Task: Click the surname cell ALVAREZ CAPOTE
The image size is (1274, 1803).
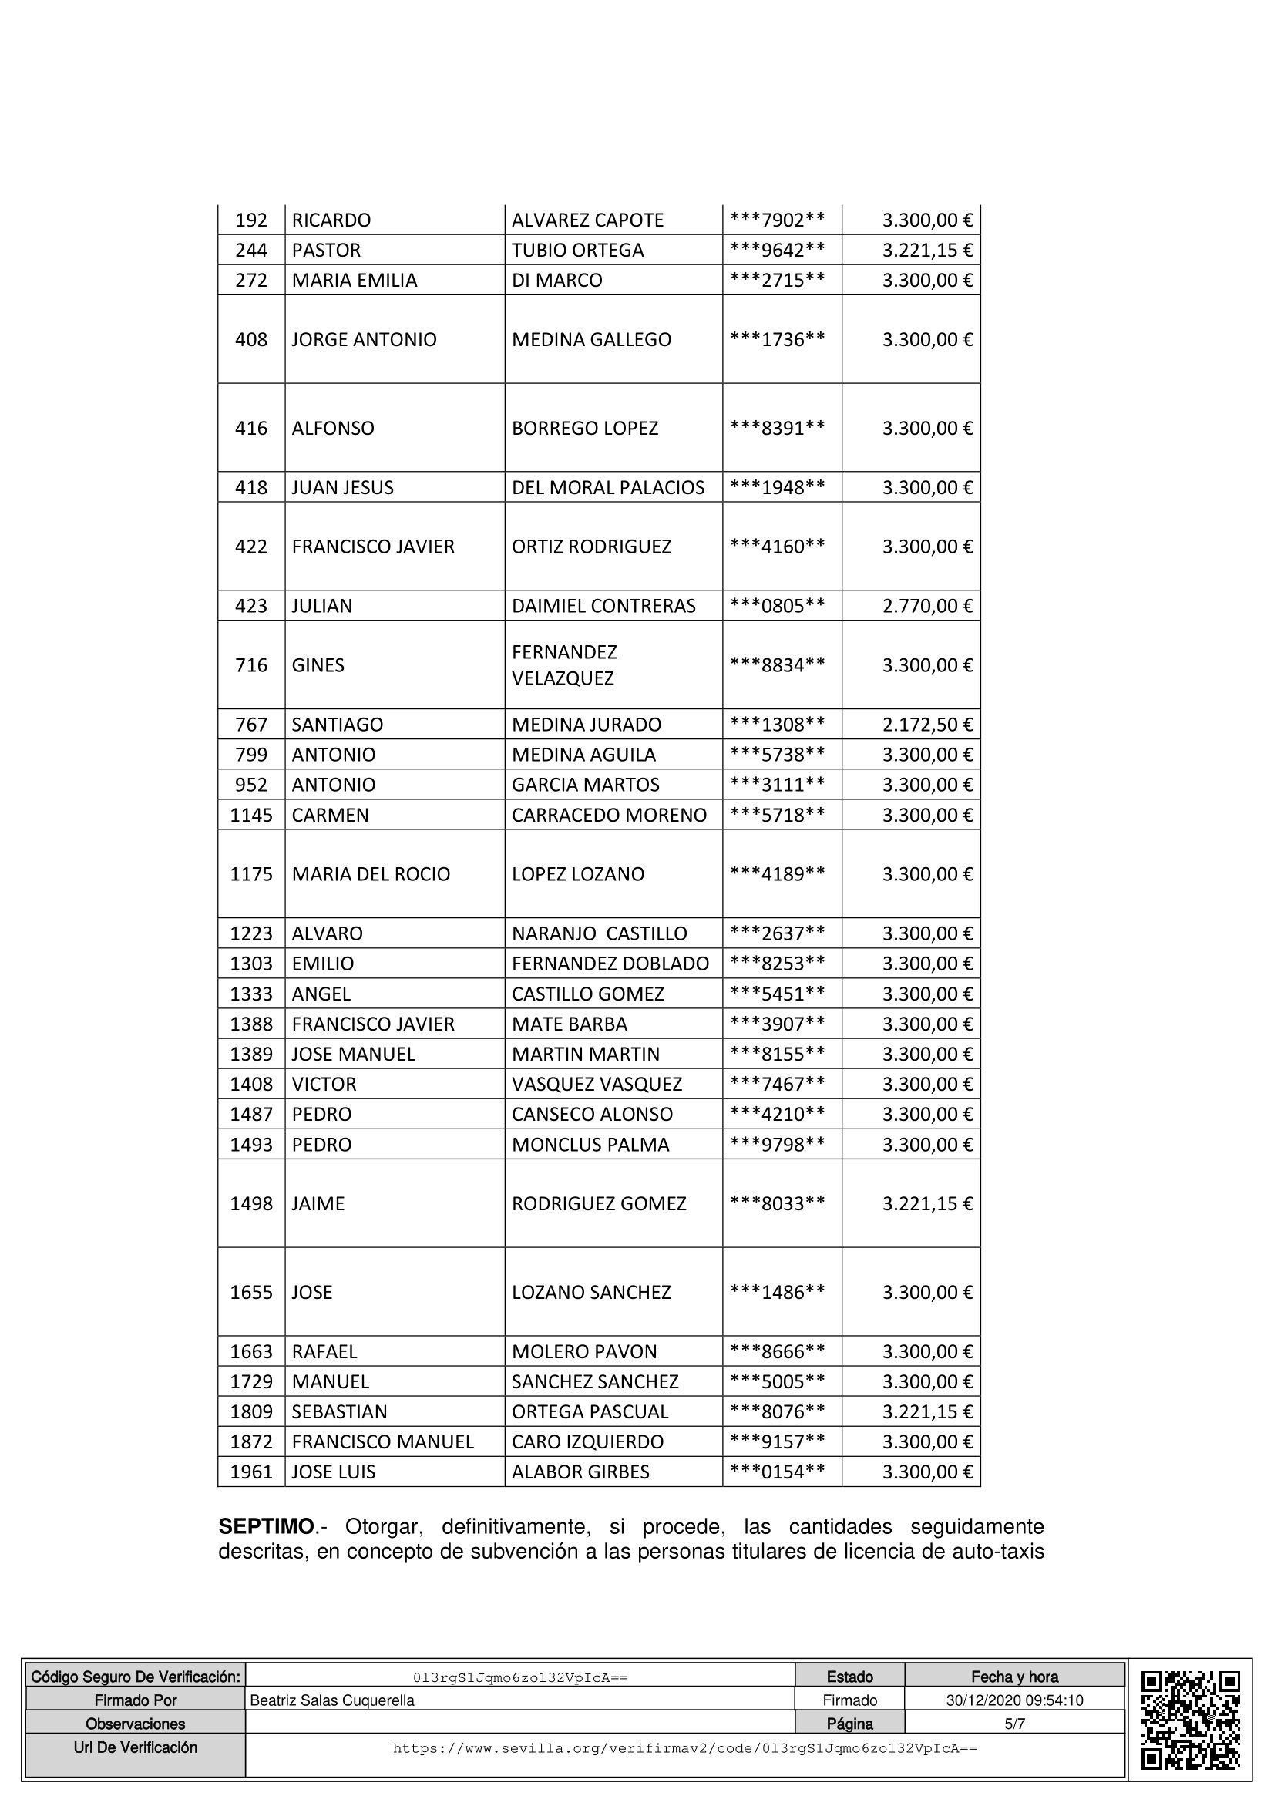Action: click(x=587, y=220)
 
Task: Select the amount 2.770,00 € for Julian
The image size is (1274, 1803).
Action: click(x=927, y=605)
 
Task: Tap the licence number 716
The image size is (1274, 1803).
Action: click(x=251, y=665)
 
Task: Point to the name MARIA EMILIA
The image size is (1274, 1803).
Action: click(x=354, y=281)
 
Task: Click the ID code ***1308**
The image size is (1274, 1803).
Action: click(x=777, y=724)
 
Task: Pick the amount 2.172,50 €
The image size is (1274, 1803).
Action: click(x=927, y=724)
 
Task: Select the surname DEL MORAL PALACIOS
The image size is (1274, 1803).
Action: click(x=607, y=488)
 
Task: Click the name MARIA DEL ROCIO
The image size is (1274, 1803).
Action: click(x=371, y=874)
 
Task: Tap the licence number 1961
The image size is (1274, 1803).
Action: click(x=251, y=1472)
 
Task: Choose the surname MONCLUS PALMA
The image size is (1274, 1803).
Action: click(x=590, y=1144)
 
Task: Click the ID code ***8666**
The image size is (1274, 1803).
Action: click(x=777, y=1351)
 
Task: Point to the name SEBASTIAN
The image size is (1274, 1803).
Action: click(x=339, y=1411)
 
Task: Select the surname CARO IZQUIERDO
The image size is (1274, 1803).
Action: click(x=587, y=1441)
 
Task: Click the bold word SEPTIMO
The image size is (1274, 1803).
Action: click(x=266, y=1526)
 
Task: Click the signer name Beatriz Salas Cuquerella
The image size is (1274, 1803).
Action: click(x=331, y=1700)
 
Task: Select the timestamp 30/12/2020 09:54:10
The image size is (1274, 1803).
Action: click(x=1014, y=1700)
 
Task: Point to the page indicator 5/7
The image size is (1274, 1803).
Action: click(x=1014, y=1724)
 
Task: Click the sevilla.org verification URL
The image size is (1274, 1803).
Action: click(x=684, y=1747)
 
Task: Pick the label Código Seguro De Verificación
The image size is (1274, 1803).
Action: click(x=135, y=1677)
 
